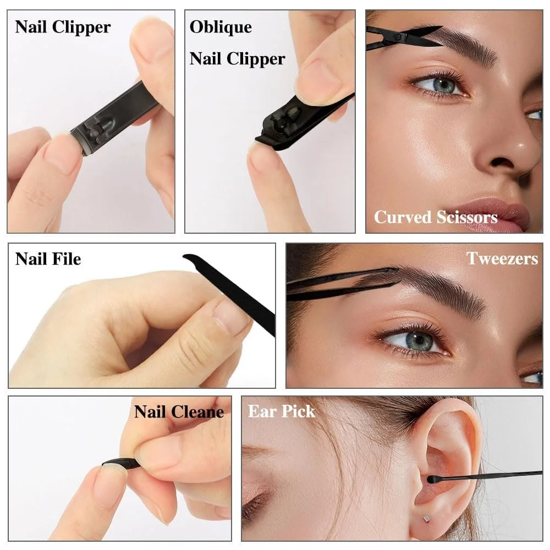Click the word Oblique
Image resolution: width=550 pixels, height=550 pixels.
coord(221,28)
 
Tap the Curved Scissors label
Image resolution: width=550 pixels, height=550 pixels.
coord(436,217)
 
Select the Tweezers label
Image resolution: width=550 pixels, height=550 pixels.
coord(502,258)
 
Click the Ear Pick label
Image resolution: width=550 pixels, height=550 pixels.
coord(282,411)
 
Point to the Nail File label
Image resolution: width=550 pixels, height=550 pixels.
coord(48,259)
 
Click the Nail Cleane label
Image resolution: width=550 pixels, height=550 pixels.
coord(179,411)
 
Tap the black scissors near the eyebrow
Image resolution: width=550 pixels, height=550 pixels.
coord(403,38)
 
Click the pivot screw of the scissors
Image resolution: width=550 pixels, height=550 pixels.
coord(398,37)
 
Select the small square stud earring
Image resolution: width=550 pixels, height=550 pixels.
coord(426,518)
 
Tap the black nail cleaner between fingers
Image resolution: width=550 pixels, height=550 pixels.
coord(121,463)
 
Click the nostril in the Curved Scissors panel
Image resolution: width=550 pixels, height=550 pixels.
coord(503,162)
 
